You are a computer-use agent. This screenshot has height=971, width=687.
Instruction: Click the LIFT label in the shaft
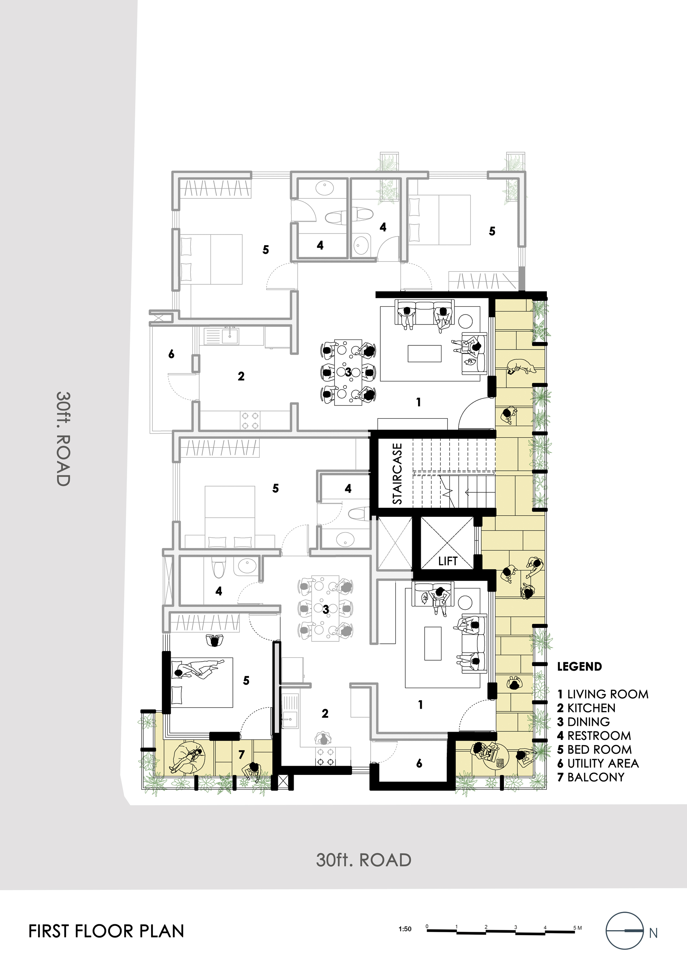click(448, 561)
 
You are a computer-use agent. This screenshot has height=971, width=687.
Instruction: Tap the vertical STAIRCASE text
click(397, 474)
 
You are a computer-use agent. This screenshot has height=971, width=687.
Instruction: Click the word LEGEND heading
click(579, 667)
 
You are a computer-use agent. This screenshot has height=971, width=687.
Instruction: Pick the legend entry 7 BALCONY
click(591, 777)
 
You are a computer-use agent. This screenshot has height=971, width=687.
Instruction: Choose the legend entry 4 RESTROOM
click(594, 736)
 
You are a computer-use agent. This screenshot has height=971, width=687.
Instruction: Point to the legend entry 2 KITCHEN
click(586, 708)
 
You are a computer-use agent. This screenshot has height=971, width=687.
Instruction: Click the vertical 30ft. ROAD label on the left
click(63, 439)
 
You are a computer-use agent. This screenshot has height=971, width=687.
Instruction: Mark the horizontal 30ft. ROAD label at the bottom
click(363, 860)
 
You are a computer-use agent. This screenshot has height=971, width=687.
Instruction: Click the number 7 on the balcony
click(241, 754)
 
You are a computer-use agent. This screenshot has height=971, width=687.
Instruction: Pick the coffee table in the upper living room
click(424, 354)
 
